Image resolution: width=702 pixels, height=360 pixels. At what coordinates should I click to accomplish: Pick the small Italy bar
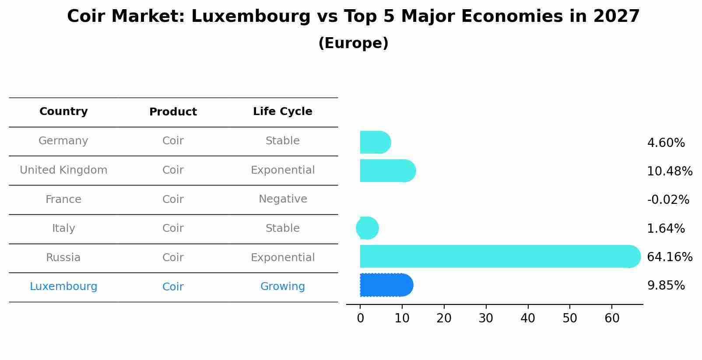368,228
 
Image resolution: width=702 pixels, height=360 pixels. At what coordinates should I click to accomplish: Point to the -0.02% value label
668,200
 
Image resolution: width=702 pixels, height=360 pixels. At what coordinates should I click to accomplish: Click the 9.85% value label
666,286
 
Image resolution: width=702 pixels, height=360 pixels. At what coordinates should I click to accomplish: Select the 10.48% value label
670,171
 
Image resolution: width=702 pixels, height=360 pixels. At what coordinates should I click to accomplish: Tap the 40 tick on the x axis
528,318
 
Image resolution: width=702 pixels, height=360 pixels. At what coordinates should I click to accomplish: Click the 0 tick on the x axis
360,318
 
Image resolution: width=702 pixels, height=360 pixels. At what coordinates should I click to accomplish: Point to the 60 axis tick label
612,318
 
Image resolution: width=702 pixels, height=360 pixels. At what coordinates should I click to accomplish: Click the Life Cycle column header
282,112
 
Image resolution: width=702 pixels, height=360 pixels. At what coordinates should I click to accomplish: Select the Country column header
63,112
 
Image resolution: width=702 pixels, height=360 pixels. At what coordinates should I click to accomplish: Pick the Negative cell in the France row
283,199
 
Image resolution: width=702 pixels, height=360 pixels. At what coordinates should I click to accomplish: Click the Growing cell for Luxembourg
282,287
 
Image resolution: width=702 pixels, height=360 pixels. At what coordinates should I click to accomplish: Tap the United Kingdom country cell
63,170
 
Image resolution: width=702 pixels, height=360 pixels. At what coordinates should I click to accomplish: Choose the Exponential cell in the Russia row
282,258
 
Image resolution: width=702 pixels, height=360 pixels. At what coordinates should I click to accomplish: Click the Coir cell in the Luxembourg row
173,287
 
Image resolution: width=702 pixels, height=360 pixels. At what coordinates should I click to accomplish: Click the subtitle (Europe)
353,43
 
